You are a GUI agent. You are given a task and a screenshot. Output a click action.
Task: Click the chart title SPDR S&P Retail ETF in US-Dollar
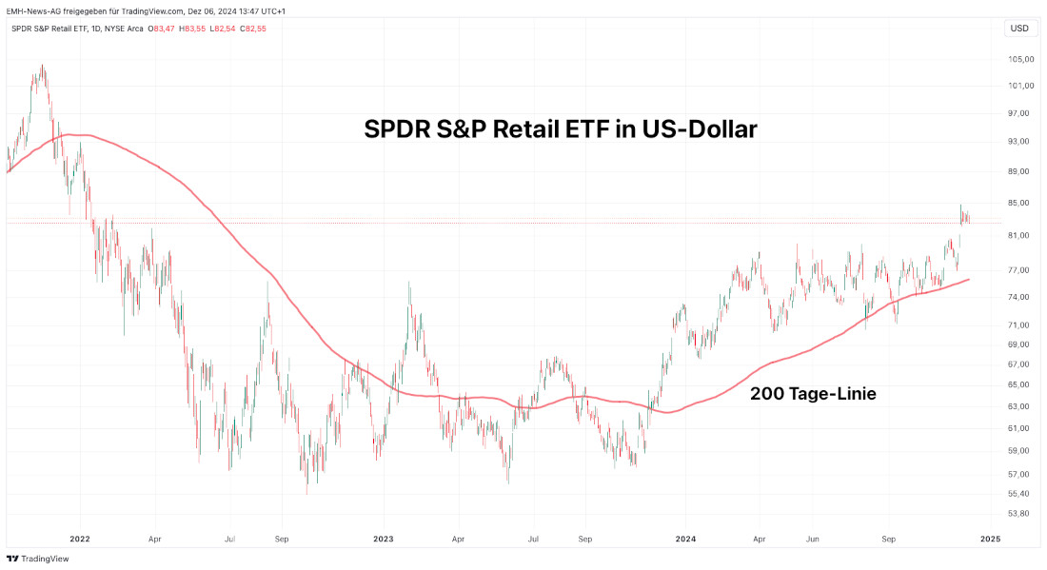tap(561, 130)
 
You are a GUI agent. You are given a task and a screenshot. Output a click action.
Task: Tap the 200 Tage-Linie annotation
tap(812, 393)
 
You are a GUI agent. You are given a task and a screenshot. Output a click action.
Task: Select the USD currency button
tap(1019, 29)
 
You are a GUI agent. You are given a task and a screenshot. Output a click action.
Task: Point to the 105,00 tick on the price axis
tap(1020, 59)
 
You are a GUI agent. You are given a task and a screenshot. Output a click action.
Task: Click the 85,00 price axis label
tap(1020, 203)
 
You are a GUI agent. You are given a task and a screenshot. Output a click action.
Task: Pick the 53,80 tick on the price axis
tap(1020, 514)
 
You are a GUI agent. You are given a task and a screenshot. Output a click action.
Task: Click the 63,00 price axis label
tap(1020, 406)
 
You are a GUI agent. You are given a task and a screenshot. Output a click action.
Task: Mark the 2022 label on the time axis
tap(80, 538)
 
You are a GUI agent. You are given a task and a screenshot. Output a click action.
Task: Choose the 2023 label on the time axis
tap(383, 538)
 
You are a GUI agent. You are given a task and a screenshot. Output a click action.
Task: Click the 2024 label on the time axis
tap(686, 538)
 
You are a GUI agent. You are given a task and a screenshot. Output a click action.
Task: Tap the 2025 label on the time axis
tap(990, 538)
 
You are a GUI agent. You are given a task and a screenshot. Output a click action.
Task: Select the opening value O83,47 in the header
tap(159, 29)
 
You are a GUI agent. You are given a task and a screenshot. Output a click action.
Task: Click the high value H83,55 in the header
tap(190, 29)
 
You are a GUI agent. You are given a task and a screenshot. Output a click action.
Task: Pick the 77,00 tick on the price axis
tap(1020, 270)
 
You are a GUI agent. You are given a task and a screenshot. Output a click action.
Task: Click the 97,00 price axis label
tap(1020, 113)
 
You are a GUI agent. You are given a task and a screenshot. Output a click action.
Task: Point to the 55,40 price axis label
tap(1020, 494)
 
